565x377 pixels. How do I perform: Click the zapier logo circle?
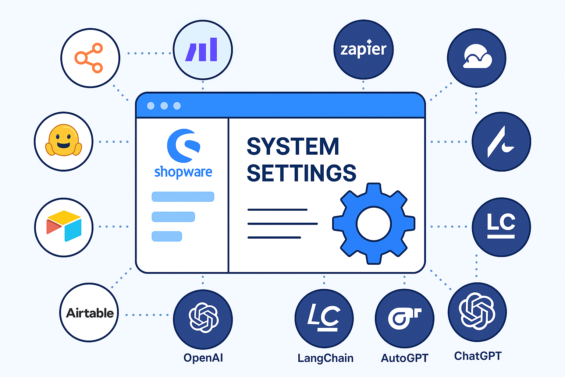click(x=363, y=49)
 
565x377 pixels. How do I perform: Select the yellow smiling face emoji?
click(x=63, y=141)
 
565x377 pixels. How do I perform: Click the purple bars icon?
click(x=202, y=50)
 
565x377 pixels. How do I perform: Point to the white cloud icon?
click(x=477, y=57)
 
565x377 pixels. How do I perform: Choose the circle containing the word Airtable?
click(x=89, y=313)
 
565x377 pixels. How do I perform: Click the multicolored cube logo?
click(x=64, y=226)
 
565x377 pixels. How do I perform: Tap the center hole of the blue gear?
click(x=374, y=224)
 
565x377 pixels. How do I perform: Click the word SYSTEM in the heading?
click(x=293, y=147)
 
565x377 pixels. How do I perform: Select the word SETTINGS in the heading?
click(x=301, y=173)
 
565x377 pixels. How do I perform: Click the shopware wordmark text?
click(x=183, y=172)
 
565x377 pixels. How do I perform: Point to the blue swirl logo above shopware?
click(x=183, y=145)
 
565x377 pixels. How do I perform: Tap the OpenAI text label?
click(x=203, y=358)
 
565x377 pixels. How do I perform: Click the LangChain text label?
click(x=325, y=358)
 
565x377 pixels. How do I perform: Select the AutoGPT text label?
click(x=405, y=358)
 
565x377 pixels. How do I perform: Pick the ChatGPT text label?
click(x=477, y=356)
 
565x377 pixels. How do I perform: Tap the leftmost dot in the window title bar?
click(x=151, y=106)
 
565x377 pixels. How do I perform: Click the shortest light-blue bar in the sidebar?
click(x=167, y=236)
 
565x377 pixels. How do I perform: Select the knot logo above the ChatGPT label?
click(x=477, y=311)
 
